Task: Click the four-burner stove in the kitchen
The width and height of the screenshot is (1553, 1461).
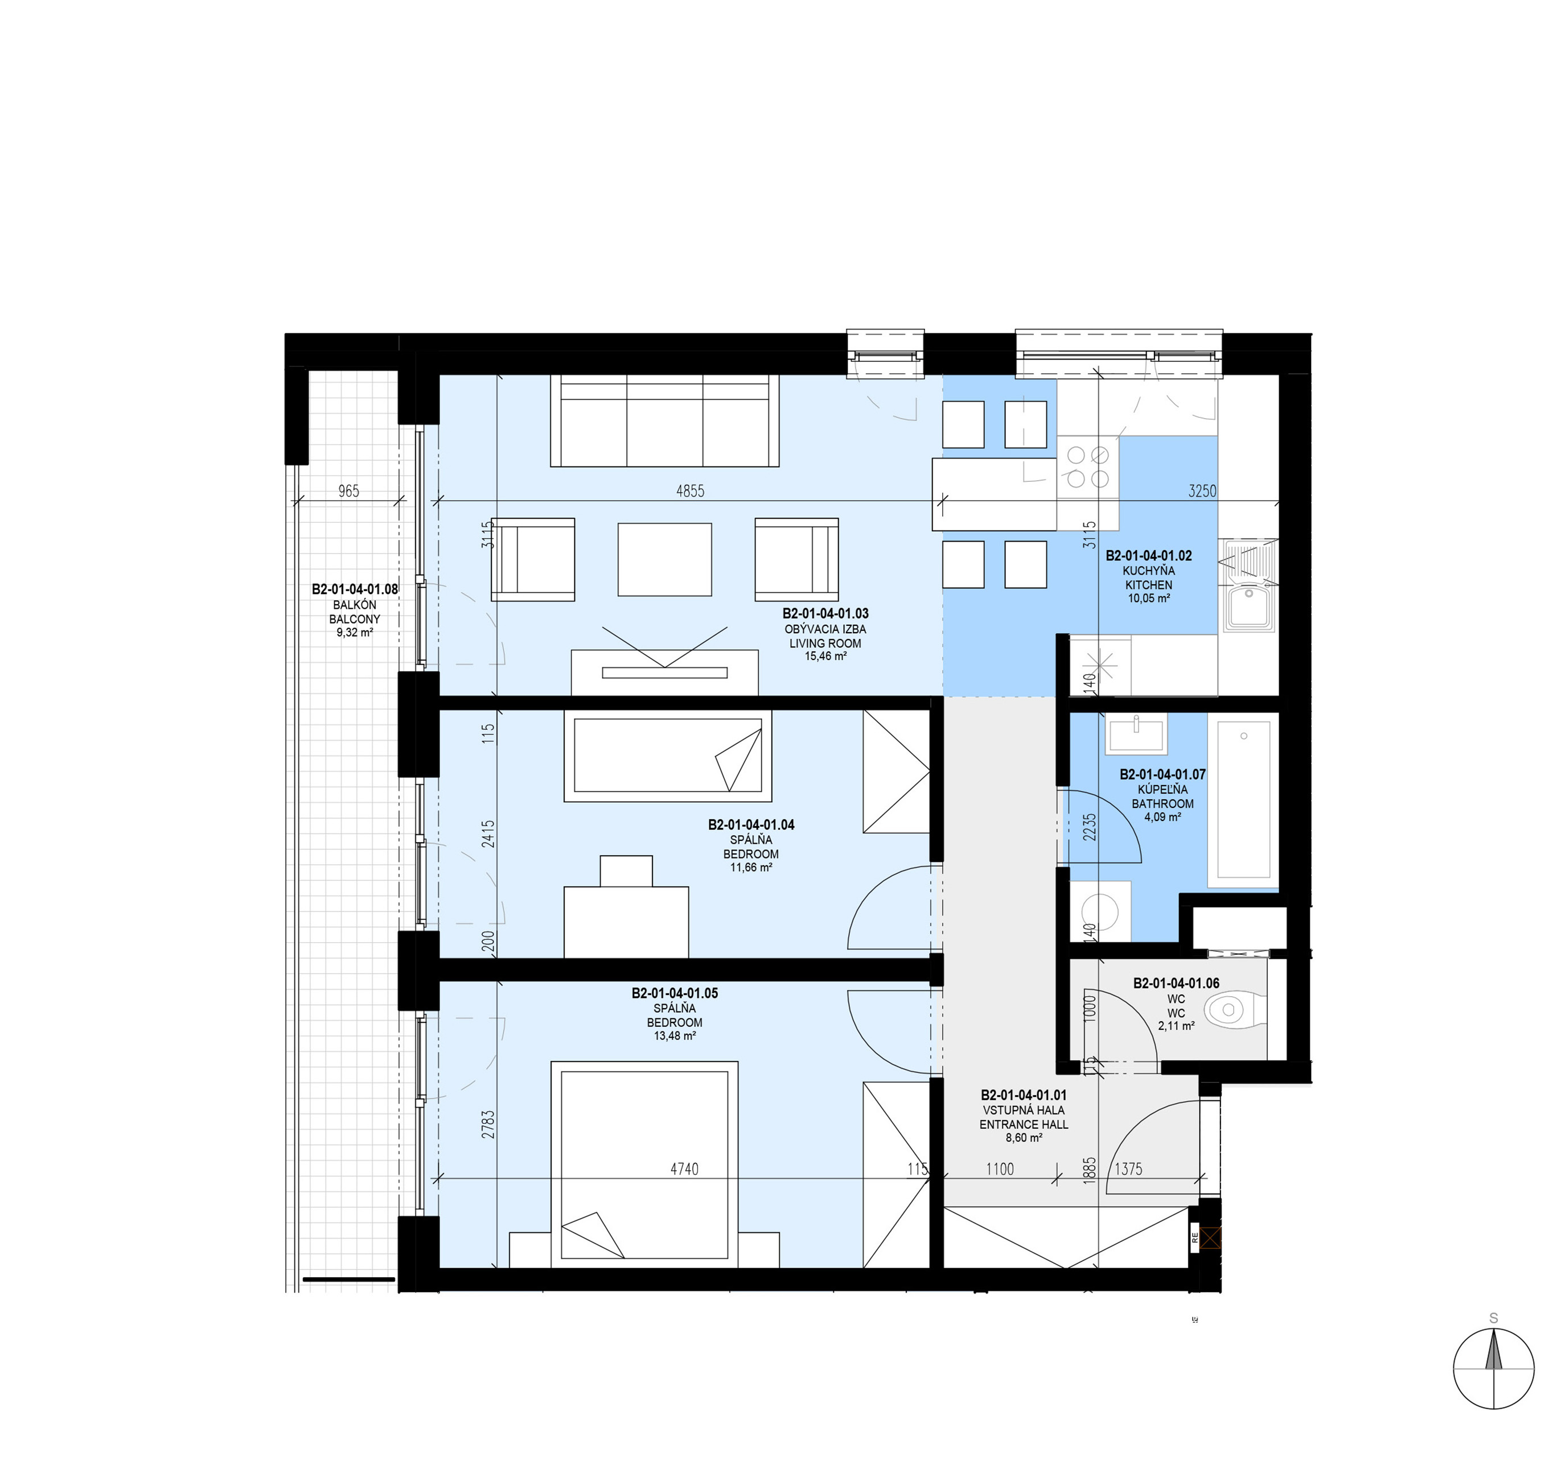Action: tap(1088, 467)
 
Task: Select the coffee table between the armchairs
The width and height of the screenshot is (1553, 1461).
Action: tap(665, 559)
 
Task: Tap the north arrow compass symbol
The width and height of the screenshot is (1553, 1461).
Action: tap(1494, 1369)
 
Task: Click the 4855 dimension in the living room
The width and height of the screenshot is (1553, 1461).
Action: tap(690, 491)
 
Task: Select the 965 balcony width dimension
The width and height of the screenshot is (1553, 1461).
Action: tap(348, 491)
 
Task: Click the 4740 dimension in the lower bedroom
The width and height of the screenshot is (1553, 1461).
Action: tap(684, 1169)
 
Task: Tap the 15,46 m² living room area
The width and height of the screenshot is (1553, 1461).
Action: tap(825, 657)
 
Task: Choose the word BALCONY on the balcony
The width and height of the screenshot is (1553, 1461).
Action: tap(355, 619)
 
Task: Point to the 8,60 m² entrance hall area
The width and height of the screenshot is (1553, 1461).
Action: tap(1024, 1138)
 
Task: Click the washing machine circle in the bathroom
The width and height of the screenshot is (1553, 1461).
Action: tap(1100, 910)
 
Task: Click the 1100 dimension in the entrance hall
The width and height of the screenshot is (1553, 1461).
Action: tap(1000, 1169)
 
